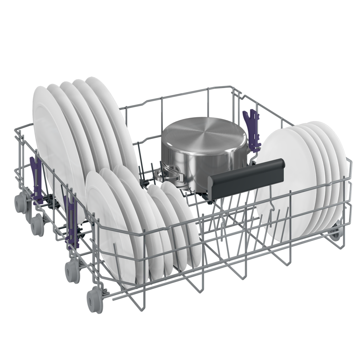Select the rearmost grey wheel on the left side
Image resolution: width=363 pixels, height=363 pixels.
20,200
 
